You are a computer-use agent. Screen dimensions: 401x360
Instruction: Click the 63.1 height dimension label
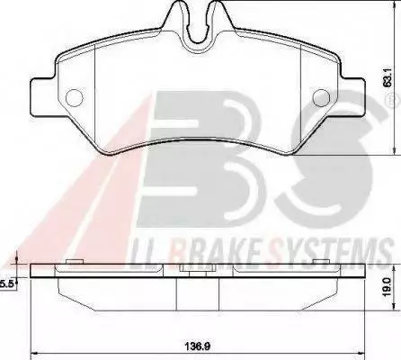[388, 79]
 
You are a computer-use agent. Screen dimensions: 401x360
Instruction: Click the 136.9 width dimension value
[198, 346]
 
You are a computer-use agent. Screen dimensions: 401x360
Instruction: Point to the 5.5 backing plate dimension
[6, 284]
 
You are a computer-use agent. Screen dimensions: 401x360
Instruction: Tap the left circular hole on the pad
[74, 98]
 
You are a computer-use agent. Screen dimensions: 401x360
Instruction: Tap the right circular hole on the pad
[321, 98]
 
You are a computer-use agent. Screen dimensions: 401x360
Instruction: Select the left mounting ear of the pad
[43, 96]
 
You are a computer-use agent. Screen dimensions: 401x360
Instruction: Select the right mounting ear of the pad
[352, 96]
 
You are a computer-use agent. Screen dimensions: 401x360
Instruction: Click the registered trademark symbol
[397, 100]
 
